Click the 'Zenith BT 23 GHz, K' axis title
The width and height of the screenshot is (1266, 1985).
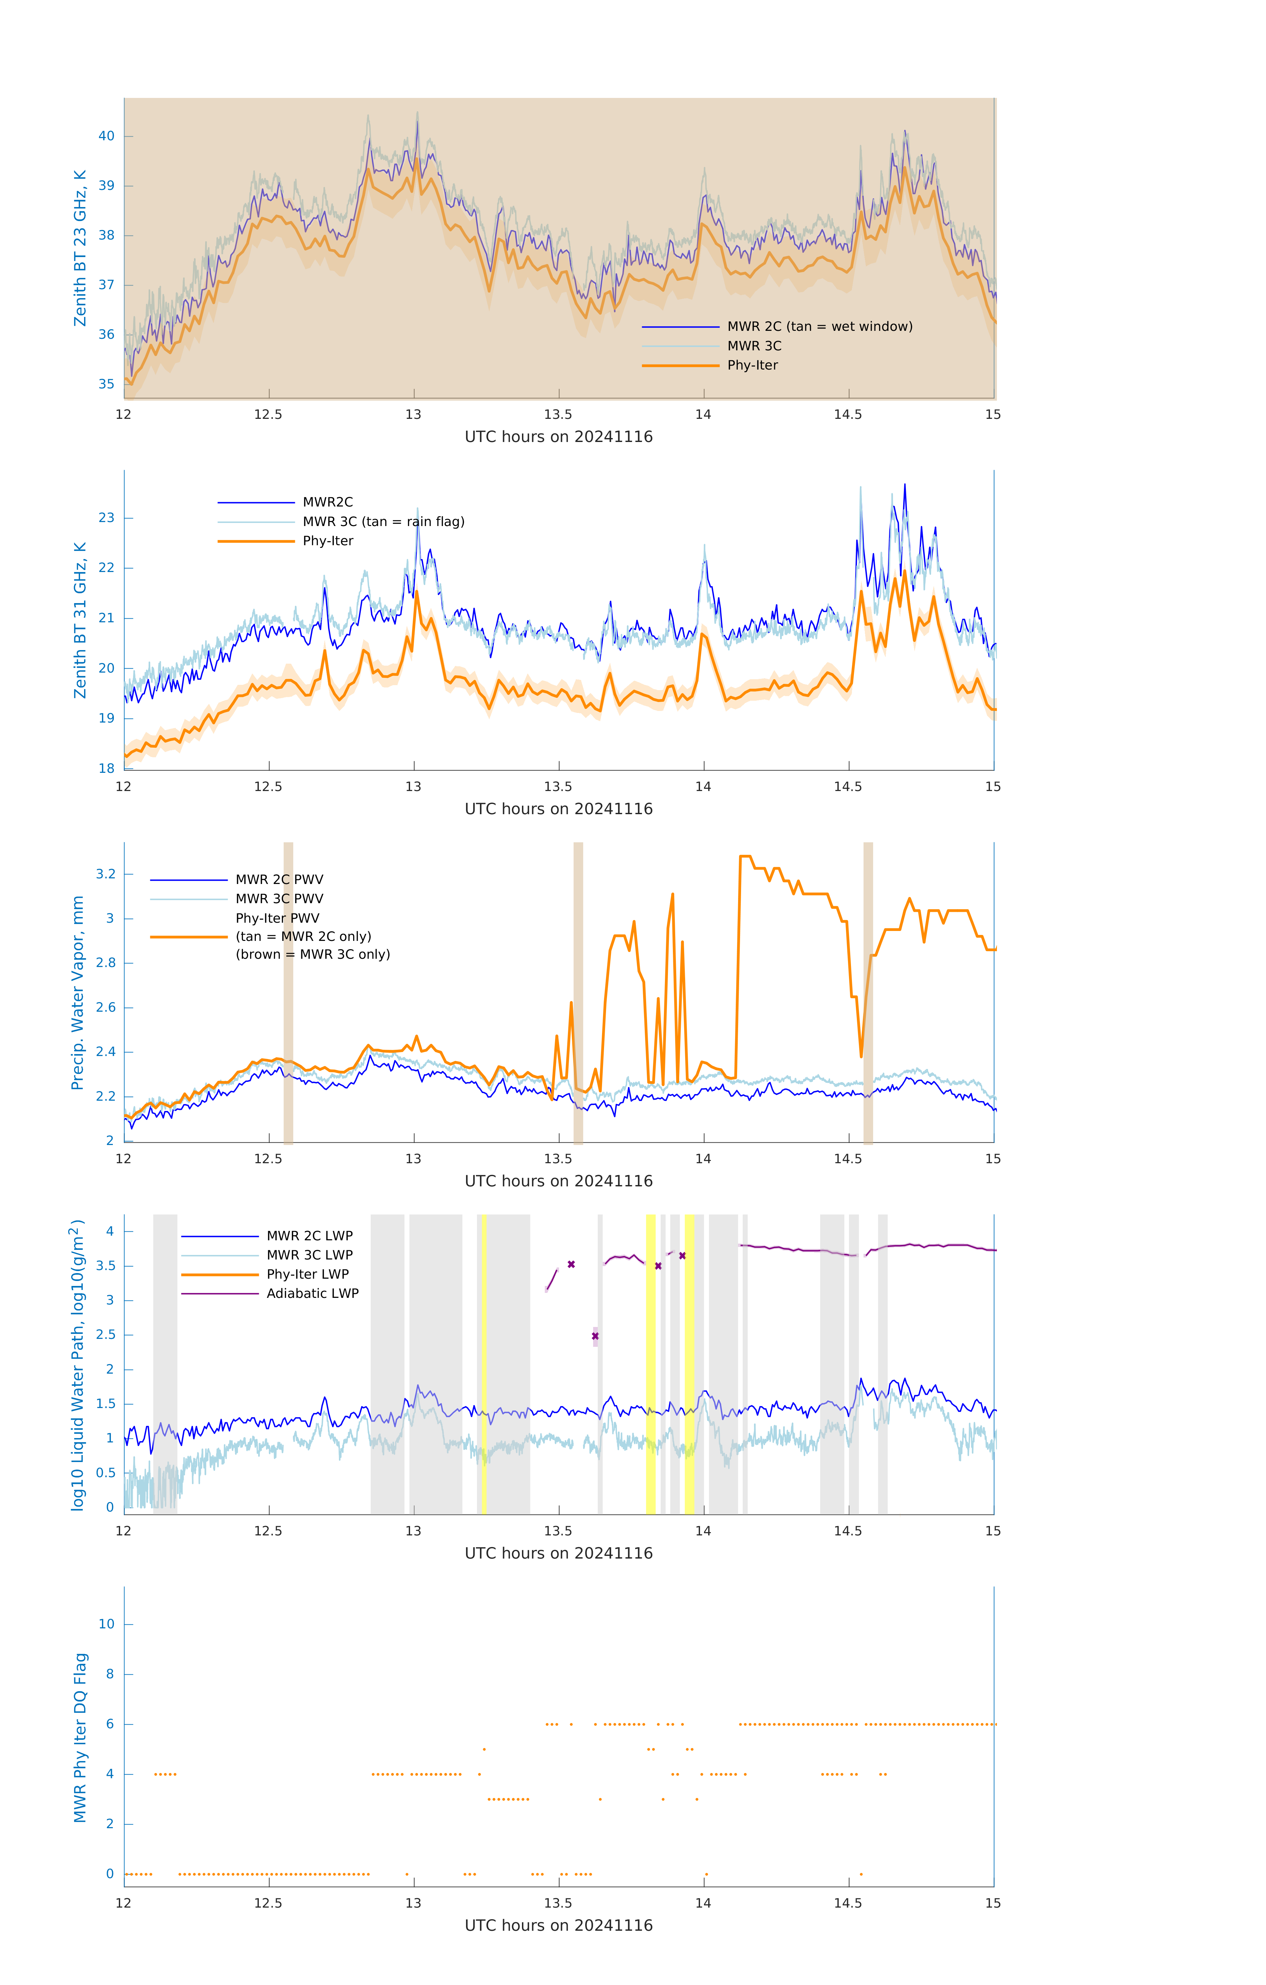click(80, 248)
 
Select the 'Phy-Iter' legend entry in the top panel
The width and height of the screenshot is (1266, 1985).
click(752, 365)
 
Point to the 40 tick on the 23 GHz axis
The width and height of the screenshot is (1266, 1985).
click(106, 136)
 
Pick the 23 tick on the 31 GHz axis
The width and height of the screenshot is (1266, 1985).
click(106, 518)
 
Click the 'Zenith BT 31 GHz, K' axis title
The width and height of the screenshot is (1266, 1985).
click(80, 620)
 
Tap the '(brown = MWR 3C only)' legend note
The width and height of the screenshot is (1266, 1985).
click(312, 954)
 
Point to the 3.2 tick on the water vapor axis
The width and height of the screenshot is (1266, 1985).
click(106, 874)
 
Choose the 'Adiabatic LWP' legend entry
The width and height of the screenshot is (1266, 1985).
click(312, 1293)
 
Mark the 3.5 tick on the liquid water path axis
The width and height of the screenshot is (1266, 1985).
click(106, 1265)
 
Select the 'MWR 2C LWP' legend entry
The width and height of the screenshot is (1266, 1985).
click(309, 1236)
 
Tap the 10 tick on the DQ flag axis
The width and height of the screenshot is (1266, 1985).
click(106, 1624)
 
